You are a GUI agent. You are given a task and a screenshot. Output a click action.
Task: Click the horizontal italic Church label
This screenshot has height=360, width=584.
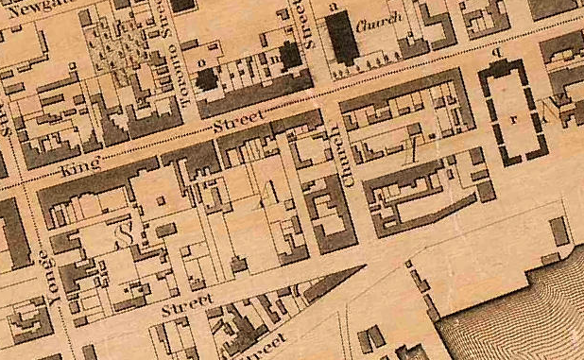[x=385, y=19]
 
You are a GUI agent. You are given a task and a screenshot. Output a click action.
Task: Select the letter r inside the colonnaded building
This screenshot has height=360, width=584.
[x=512, y=120]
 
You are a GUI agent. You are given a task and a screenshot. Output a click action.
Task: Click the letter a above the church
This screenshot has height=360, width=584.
[x=332, y=6]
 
